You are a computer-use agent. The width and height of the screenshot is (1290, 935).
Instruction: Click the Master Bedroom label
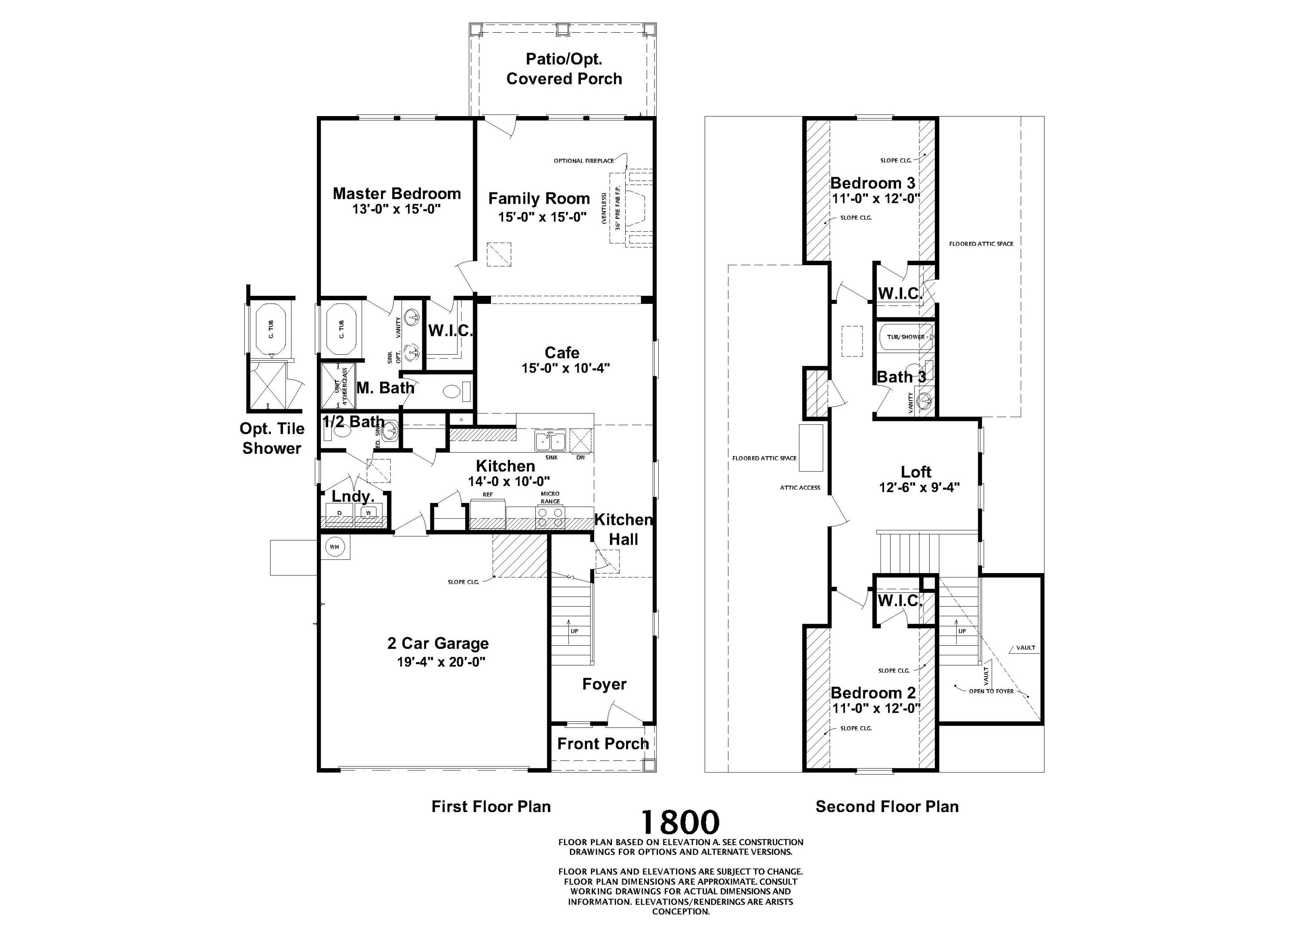[396, 194]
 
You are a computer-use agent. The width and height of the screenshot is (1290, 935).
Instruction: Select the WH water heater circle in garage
[335, 547]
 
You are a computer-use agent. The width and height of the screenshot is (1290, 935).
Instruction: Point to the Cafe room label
[562, 353]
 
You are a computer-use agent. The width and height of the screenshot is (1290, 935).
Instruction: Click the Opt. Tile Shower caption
[272, 438]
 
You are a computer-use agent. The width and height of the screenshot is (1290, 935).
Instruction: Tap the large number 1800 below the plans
[680, 822]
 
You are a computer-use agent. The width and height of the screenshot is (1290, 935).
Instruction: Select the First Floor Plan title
[491, 806]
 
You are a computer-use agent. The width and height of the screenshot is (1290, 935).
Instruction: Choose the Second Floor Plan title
[887, 806]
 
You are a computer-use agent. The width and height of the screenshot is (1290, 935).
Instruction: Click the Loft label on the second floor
[916, 472]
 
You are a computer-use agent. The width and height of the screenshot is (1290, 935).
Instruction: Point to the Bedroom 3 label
[872, 183]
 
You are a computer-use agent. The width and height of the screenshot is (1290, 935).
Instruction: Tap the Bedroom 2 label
[873, 693]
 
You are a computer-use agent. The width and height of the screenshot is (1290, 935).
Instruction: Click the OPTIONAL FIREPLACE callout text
[584, 161]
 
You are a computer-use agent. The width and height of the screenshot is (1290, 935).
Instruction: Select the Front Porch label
[603, 744]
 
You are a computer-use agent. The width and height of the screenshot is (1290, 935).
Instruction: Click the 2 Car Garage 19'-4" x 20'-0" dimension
[441, 662]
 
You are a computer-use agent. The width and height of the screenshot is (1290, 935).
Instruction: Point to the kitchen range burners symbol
[550, 518]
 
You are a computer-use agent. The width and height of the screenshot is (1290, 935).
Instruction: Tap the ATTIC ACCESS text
[800, 487]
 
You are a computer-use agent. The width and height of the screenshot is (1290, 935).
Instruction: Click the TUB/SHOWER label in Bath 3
[906, 337]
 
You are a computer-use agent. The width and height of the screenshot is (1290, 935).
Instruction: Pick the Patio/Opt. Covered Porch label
[564, 69]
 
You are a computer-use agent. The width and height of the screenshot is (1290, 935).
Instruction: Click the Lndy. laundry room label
[353, 497]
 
